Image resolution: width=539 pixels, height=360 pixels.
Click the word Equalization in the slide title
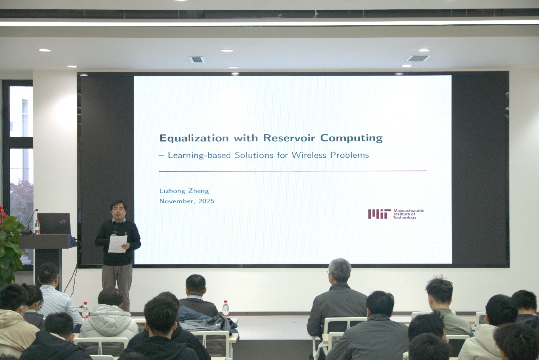tap(194, 139)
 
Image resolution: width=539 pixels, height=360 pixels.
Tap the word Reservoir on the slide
tap(289, 138)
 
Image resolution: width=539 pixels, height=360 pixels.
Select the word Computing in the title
tap(351, 138)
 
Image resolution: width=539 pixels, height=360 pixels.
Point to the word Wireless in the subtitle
tap(309, 155)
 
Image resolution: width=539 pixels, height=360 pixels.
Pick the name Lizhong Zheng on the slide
tap(184, 191)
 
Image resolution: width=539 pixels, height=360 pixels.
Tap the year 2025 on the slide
tap(206, 201)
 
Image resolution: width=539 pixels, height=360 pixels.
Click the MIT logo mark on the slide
tap(379, 214)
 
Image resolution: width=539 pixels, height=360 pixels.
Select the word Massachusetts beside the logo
tap(409, 210)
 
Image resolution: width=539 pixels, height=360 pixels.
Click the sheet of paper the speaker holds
tap(117, 244)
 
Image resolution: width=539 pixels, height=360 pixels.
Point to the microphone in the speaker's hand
tap(115, 232)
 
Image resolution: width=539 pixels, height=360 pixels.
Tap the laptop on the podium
tap(54, 224)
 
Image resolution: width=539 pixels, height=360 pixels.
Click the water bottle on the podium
tap(37, 227)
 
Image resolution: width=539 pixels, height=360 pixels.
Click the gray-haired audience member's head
tap(340, 270)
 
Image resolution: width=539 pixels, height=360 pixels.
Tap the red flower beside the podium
tap(3, 212)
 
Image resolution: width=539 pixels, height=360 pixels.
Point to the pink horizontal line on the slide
tap(293, 171)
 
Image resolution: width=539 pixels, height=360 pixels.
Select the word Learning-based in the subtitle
tap(199, 155)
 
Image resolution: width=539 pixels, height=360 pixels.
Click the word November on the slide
tap(177, 201)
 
